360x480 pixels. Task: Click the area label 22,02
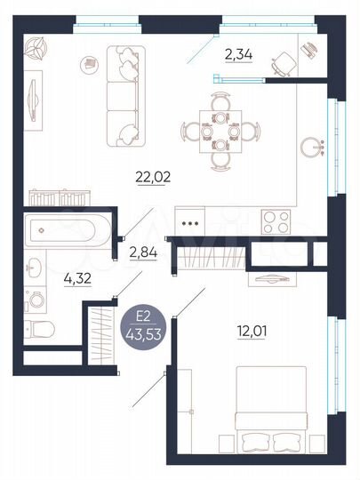click(x=153, y=176)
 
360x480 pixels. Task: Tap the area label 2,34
click(x=237, y=55)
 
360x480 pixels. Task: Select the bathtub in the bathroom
click(x=66, y=230)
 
